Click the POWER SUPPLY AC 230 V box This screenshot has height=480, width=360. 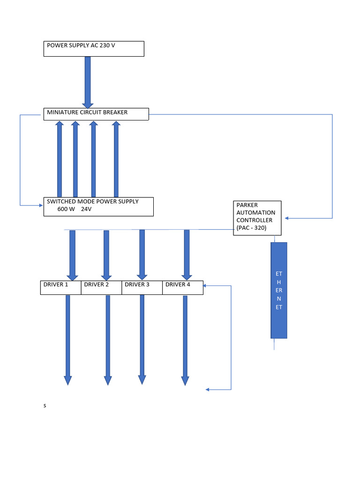pos(94,49)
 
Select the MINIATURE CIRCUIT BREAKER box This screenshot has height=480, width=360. pos(96,114)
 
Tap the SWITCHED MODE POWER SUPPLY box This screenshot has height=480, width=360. pos(98,206)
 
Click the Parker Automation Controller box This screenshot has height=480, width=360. pos(257,218)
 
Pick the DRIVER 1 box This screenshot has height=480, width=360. pos(61,287)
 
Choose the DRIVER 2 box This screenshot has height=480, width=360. pos(101,287)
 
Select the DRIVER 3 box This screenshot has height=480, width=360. pos(142,287)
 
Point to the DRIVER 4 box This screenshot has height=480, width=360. pos(183,287)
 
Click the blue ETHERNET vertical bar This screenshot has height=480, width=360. pos(279,290)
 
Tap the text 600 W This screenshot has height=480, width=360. pos(66,210)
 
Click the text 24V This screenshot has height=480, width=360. pos(86,210)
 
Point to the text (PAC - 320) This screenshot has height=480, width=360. pos(252,228)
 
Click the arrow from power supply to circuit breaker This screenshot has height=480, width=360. pos(88,82)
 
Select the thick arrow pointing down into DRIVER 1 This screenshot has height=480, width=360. pos(72,255)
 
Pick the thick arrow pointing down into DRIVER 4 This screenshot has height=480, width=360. pos(187,255)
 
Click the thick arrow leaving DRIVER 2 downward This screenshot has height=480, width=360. pos(108,340)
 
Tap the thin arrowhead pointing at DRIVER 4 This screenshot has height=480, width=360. pos(206,285)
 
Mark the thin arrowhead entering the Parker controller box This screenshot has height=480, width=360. pos(287,218)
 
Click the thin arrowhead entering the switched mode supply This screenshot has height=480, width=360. pos(40,205)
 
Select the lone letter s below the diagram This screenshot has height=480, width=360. pos(45,406)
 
